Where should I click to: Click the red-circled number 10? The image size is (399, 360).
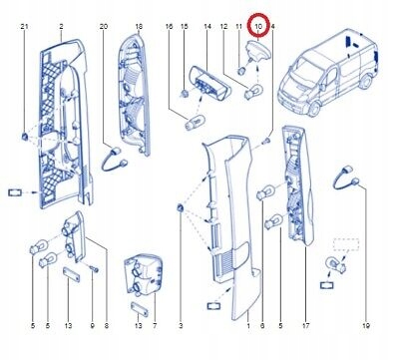pos(258,24)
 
